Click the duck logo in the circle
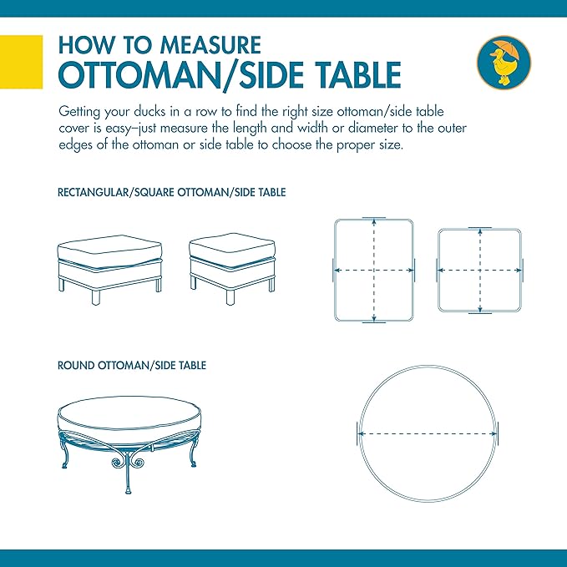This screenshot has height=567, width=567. click(504, 62)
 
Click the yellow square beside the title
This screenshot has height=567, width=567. click(22, 62)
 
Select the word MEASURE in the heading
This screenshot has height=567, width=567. click(210, 45)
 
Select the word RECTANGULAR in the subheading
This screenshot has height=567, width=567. click(94, 192)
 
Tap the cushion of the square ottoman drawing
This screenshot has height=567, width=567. click(232, 251)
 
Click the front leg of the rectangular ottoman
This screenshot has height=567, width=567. click(96, 297)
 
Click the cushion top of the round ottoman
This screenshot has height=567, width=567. click(129, 413)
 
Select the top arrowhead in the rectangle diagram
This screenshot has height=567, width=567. click(374, 222)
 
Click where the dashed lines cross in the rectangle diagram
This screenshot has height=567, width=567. click(374, 270)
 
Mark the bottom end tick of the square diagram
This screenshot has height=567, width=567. click(480, 313)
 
